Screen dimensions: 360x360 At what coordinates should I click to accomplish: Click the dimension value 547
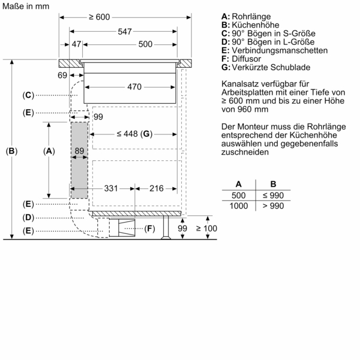coord(125,31)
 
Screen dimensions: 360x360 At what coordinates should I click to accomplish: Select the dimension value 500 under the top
coord(145,44)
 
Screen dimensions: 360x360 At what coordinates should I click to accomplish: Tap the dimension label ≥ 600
coord(99,17)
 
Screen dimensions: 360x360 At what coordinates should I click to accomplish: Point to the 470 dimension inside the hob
coord(134,87)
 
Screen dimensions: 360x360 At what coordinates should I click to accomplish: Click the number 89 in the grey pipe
coord(79,151)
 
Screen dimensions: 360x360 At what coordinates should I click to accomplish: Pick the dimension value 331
coord(110,188)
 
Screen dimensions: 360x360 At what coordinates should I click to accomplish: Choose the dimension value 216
coord(157,188)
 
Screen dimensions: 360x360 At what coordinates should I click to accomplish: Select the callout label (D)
coord(28,217)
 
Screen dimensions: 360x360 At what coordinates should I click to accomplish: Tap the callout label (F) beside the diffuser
coord(149,228)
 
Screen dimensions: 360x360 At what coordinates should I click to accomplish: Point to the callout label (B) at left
coord(11,151)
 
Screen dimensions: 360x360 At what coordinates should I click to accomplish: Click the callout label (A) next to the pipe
coord(49,151)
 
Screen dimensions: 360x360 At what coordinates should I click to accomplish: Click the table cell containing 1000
coord(239,206)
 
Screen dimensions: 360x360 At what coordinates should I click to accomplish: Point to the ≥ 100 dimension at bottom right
coord(209,228)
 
